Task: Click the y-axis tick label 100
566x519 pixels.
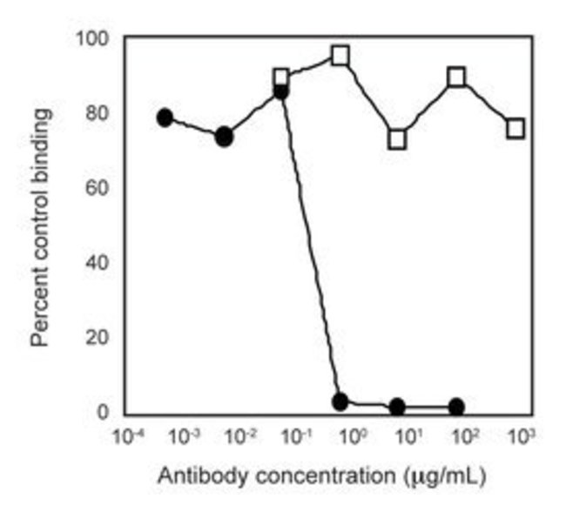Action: [94, 38]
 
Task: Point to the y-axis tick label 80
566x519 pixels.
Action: [98, 113]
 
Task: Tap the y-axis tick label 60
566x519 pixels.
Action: [98, 188]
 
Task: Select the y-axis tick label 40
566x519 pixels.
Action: [98, 262]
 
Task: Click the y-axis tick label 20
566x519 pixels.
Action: [98, 337]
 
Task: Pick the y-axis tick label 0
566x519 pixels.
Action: [104, 411]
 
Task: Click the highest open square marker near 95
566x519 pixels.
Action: [340, 56]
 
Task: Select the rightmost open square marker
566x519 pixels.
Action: [515, 129]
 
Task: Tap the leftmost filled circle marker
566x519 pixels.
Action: [165, 118]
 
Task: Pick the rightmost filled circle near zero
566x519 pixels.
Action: [455, 407]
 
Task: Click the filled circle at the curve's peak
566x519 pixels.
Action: [280, 91]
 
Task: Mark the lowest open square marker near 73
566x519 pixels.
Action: [397, 139]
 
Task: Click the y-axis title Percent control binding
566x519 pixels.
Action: [41, 226]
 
